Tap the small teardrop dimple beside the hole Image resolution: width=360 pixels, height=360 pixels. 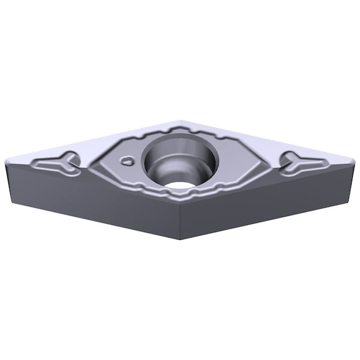click(x=127, y=160)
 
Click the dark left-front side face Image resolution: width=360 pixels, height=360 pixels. click(x=90, y=198)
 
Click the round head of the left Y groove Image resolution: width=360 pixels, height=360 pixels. click(x=71, y=158)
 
